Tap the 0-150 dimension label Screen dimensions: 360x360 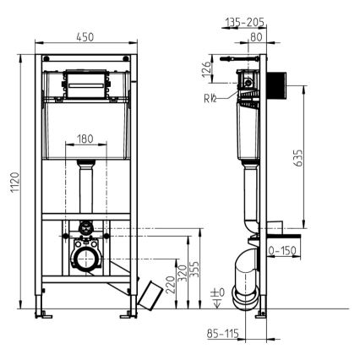(x=283, y=251)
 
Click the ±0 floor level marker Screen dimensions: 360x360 (x=218, y=292)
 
